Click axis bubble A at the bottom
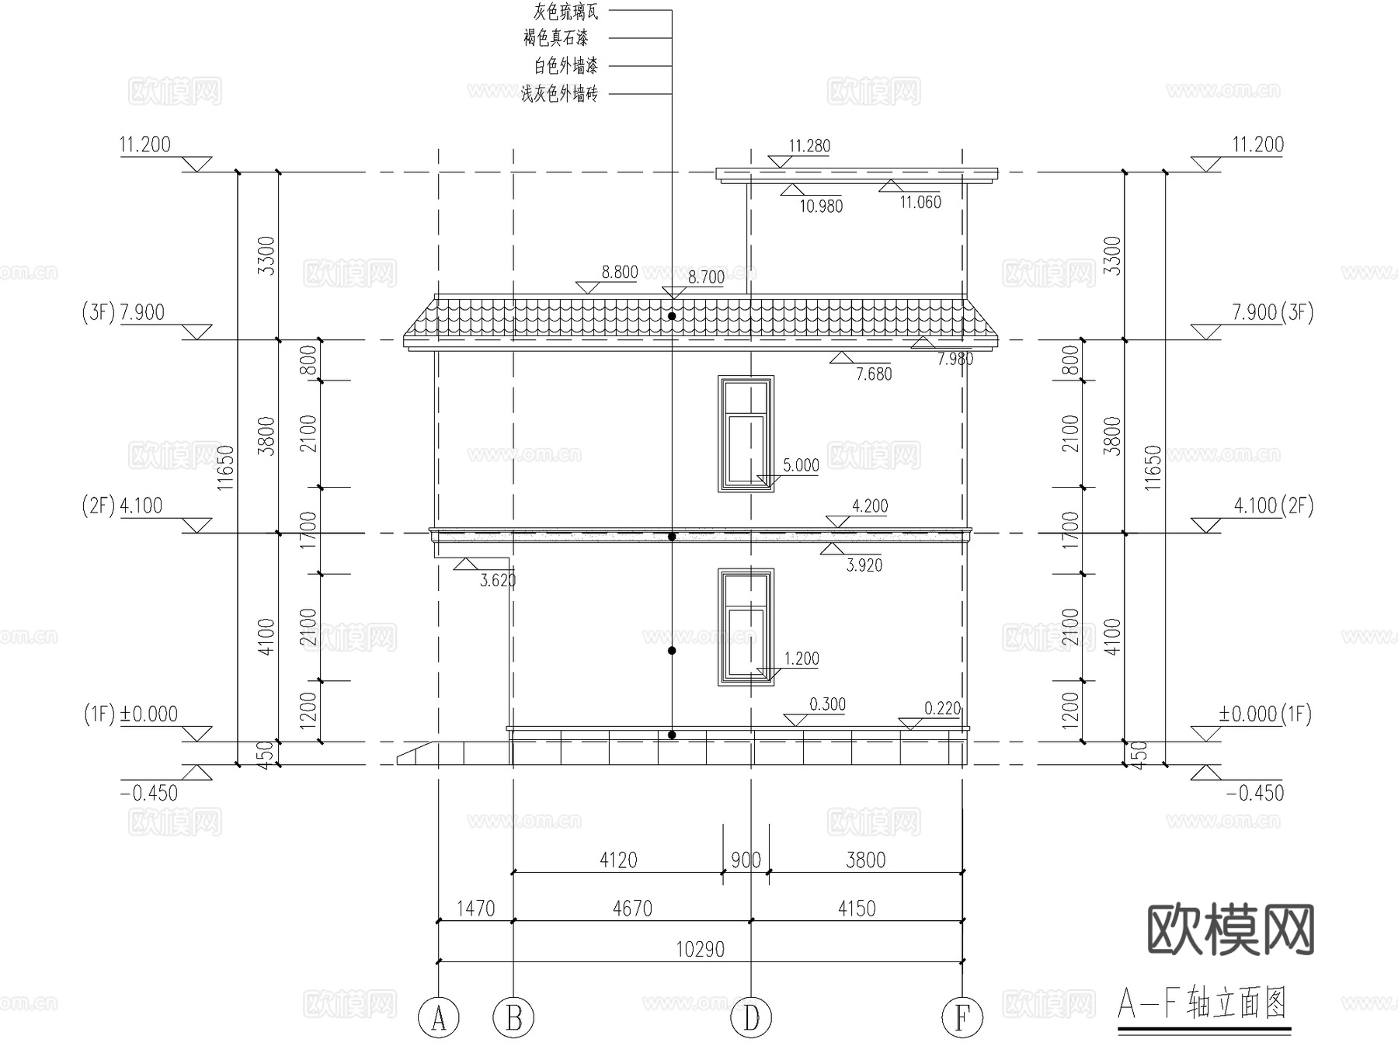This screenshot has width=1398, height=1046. pyautogui.click(x=439, y=1017)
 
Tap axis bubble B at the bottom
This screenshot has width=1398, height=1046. pyautogui.click(x=513, y=1017)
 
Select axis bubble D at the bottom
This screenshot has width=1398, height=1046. pyautogui.click(x=751, y=1017)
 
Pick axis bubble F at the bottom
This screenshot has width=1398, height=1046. pyautogui.click(x=962, y=1017)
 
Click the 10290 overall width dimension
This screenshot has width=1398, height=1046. pyautogui.click(x=700, y=950)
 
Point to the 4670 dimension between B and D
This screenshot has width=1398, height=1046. pyautogui.click(x=632, y=909)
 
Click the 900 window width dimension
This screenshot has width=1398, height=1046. pyautogui.click(x=746, y=860)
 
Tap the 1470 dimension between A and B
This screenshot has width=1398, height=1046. pyautogui.click(x=475, y=909)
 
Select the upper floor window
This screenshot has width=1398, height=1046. pyautogui.click(x=746, y=434)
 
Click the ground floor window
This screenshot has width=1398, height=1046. pyautogui.click(x=746, y=627)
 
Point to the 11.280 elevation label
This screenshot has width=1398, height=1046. pyautogui.click(x=809, y=146)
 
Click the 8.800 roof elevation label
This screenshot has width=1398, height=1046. pyautogui.click(x=619, y=273)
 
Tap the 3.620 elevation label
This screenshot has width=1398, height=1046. pyautogui.click(x=497, y=580)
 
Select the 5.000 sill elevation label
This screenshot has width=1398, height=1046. pyautogui.click(x=801, y=465)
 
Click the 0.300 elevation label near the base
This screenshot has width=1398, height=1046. pyautogui.click(x=827, y=704)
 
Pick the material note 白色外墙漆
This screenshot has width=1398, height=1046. pyautogui.click(x=565, y=66)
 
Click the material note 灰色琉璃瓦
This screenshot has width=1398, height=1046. pyautogui.click(x=565, y=12)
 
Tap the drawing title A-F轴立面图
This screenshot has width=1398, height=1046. pyautogui.click(x=1202, y=1003)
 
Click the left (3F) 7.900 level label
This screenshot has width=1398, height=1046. pyautogui.click(x=123, y=312)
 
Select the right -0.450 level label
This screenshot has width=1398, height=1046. pyautogui.click(x=1254, y=793)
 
